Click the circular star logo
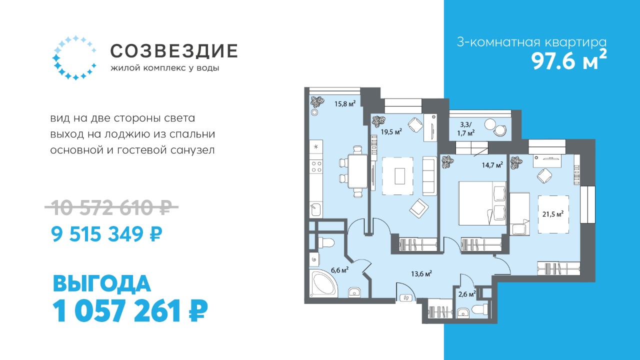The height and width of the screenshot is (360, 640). (x=74, y=57)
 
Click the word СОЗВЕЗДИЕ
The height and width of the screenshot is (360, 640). (x=174, y=51)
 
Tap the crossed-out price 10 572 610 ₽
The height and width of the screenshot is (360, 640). (x=111, y=207)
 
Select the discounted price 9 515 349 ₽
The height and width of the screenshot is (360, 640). (x=106, y=234)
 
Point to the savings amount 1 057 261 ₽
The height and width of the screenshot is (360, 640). (x=130, y=310)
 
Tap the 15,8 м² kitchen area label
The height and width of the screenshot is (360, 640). (x=345, y=103)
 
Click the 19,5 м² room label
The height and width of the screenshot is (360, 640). (x=391, y=131)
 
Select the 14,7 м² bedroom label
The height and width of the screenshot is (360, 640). (x=492, y=165)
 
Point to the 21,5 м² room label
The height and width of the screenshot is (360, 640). (x=553, y=214)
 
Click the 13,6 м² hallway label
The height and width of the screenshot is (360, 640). (x=421, y=273)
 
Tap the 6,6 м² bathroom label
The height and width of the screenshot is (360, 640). (x=339, y=269)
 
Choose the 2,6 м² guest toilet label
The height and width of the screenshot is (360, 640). (x=467, y=294)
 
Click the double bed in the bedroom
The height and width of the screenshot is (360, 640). (x=482, y=203)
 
